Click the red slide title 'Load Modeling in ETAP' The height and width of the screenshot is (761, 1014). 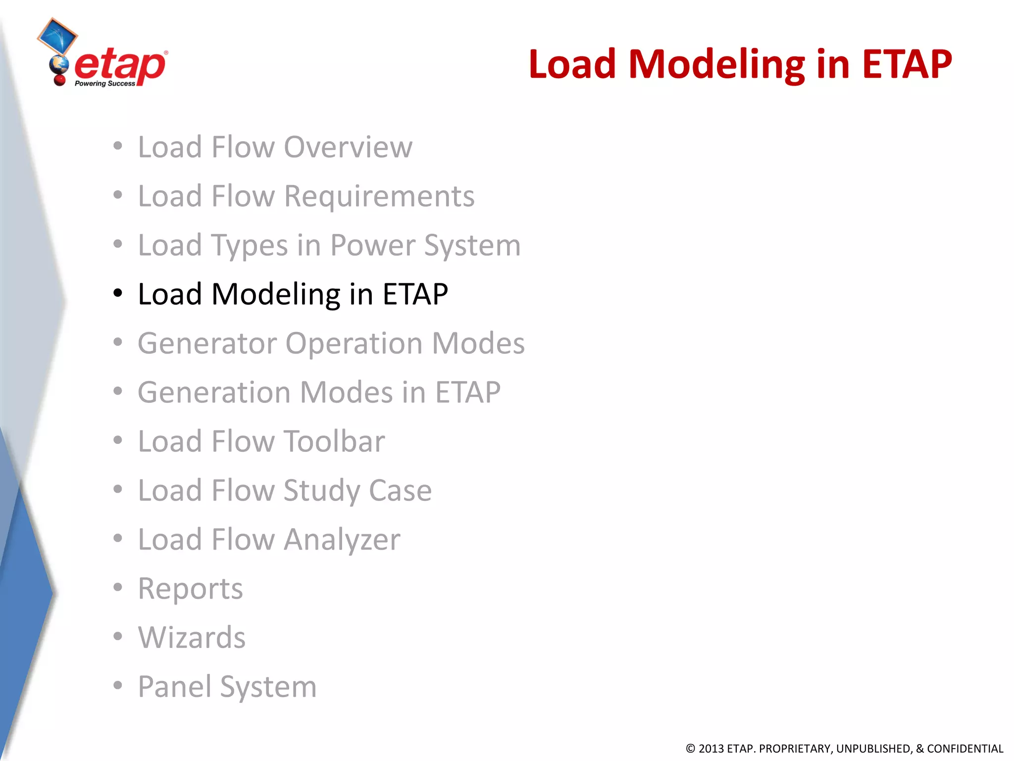pyautogui.click(x=740, y=64)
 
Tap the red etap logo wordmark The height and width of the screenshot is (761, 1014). pyautogui.click(x=120, y=66)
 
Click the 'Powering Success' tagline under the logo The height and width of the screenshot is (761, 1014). pyautogui.click(x=104, y=84)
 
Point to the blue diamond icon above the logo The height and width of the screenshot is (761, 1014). pyautogui.click(x=57, y=36)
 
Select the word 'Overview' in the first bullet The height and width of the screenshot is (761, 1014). pyautogui.click(x=348, y=147)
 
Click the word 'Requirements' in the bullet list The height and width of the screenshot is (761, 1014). pyautogui.click(x=379, y=196)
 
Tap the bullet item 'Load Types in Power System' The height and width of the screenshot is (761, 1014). pyautogui.click(x=329, y=245)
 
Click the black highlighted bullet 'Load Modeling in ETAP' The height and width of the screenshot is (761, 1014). pyautogui.click(x=293, y=294)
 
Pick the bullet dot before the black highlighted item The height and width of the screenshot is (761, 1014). pyautogui.click(x=117, y=293)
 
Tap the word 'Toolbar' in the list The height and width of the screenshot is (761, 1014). pyautogui.click(x=334, y=441)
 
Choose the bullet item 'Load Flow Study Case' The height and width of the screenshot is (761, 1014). pyautogui.click(x=285, y=490)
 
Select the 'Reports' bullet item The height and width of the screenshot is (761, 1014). pyautogui.click(x=190, y=589)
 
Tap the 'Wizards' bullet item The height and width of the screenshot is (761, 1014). pyautogui.click(x=192, y=638)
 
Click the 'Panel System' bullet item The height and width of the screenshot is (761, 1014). pyautogui.click(x=227, y=687)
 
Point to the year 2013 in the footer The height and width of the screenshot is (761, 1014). pyautogui.click(x=711, y=749)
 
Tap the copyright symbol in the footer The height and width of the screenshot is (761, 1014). pyautogui.click(x=690, y=749)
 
